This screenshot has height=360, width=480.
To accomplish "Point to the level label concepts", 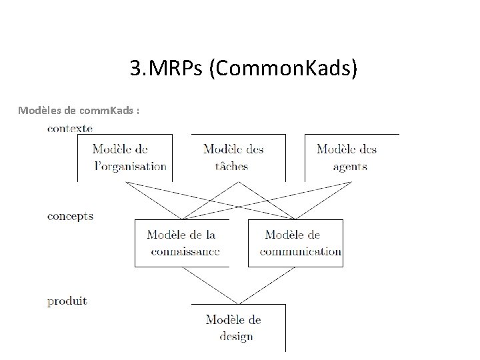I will pos(71,216).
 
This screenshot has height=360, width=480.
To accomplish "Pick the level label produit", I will pos(67,301).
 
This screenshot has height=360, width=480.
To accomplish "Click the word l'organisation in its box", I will pos(131,166).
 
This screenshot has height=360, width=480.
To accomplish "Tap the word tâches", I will pos(231,166).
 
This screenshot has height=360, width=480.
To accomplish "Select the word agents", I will pos(350,166).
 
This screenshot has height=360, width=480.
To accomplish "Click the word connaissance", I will pos(185,251).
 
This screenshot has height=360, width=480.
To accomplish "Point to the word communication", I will pos(301,251).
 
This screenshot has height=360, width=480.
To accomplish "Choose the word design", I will pos(236,336).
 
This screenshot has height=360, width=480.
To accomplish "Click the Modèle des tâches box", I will pos(238,157).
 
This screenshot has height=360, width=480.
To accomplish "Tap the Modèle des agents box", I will pos(351,157).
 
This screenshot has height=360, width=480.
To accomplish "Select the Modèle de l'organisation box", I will pos(125,157).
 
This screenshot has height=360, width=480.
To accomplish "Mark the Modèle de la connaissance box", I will pos(181,243).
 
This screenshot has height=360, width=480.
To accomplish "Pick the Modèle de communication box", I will pos(295,243).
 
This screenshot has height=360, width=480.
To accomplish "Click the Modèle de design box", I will pos(238,327).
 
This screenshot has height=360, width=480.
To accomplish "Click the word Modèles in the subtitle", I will pos(40,109).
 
